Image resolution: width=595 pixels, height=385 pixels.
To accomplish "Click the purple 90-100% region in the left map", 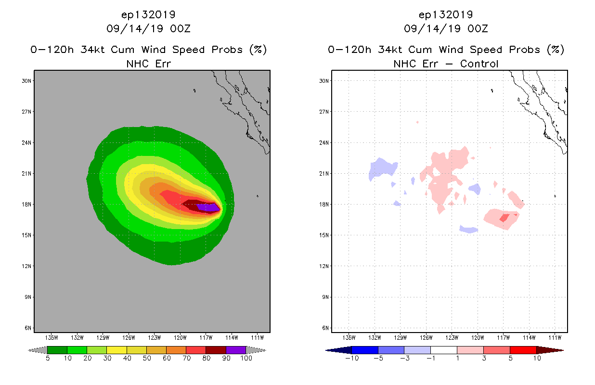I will [208, 207].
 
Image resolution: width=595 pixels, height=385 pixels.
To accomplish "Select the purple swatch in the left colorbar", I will [236, 350].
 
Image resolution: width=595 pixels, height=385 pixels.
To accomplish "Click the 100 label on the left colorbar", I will [246, 359].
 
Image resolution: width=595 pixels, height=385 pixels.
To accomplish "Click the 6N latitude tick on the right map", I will [325, 328].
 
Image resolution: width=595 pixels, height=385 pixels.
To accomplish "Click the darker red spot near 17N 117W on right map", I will [504, 218].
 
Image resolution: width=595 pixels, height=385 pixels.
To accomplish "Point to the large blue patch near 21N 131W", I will [382, 168].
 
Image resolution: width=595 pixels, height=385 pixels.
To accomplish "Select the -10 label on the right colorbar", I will [352, 359].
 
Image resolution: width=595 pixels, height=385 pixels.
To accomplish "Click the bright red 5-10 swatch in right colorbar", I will [523, 350].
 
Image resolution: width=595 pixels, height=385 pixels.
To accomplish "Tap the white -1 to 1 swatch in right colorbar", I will [443, 350].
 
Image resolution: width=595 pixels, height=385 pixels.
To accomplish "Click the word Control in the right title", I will [479, 64].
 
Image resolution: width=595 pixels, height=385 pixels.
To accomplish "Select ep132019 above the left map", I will [148, 14].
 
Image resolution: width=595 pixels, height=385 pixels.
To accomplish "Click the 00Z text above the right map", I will [478, 29].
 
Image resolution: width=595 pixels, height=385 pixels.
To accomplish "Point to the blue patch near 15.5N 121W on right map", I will [469, 230].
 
